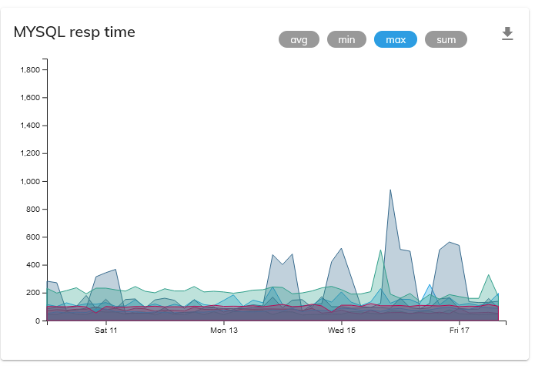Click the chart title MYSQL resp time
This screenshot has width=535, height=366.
point(75,32)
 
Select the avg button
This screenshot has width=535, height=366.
point(299,39)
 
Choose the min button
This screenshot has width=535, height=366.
point(346,39)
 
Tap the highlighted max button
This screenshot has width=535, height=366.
point(396,39)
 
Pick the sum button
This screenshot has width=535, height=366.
point(446,39)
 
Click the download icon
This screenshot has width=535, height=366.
point(507,33)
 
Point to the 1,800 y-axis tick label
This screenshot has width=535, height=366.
point(28,70)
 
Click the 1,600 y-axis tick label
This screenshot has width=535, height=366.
point(28,98)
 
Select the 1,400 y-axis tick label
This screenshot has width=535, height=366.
point(28,126)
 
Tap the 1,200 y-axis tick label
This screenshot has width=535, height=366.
point(28,153)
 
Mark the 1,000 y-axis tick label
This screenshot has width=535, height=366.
point(28,181)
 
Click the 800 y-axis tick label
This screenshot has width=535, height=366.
point(32,209)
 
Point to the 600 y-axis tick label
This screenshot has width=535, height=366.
point(32,237)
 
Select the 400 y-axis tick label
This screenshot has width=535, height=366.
point(32,265)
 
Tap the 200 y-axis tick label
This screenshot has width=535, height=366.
point(32,293)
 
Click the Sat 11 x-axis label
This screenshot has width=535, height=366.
point(105,331)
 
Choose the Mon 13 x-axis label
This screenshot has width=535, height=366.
point(224,331)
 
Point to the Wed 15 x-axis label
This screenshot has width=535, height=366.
point(342,331)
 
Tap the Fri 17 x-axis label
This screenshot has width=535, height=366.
point(460,331)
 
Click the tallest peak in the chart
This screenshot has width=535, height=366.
point(390,190)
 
